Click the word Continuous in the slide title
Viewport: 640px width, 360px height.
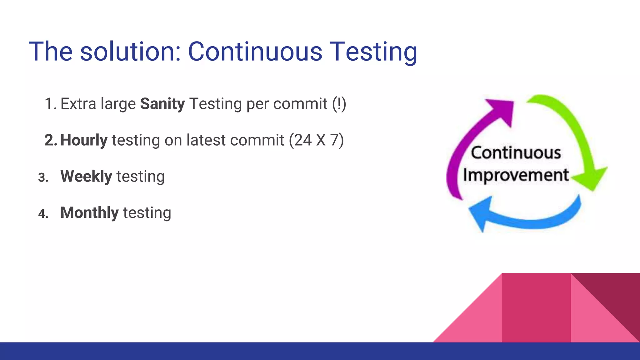255,52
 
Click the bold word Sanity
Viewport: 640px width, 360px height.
162,104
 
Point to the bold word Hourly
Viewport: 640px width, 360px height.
84,140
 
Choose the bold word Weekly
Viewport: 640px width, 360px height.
86,176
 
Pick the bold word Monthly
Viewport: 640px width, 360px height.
89,213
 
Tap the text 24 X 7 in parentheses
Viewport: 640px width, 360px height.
316,140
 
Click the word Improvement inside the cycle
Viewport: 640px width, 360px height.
516,175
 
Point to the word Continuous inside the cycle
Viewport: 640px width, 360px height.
516,153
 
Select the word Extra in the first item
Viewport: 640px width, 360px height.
78,104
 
